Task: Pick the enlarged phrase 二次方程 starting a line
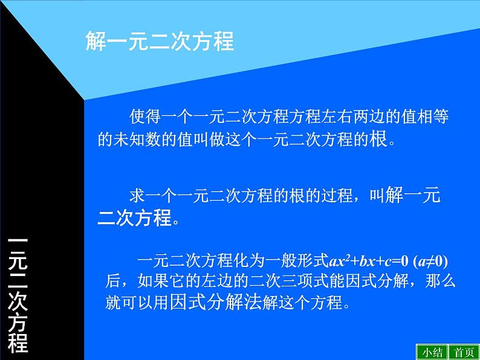click(135, 217)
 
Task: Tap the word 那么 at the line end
click(440, 281)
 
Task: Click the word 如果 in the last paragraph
click(146, 281)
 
